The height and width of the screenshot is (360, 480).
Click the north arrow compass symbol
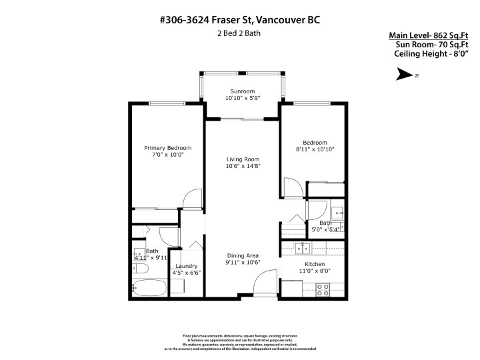point(405,75)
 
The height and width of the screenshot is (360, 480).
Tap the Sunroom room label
point(242,91)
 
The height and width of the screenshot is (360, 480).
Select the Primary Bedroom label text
point(168,148)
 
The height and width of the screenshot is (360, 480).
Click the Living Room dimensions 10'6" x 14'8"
point(242,166)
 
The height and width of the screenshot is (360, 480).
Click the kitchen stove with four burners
point(323,289)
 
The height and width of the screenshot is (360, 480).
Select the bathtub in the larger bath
point(149,289)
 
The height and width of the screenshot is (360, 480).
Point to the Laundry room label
point(187,266)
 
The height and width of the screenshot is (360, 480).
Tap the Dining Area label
point(242,255)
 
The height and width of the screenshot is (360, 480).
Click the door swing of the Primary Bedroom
point(191,198)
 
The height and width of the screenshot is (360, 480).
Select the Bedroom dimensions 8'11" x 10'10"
point(315,150)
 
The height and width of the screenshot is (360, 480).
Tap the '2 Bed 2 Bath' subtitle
point(239,33)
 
